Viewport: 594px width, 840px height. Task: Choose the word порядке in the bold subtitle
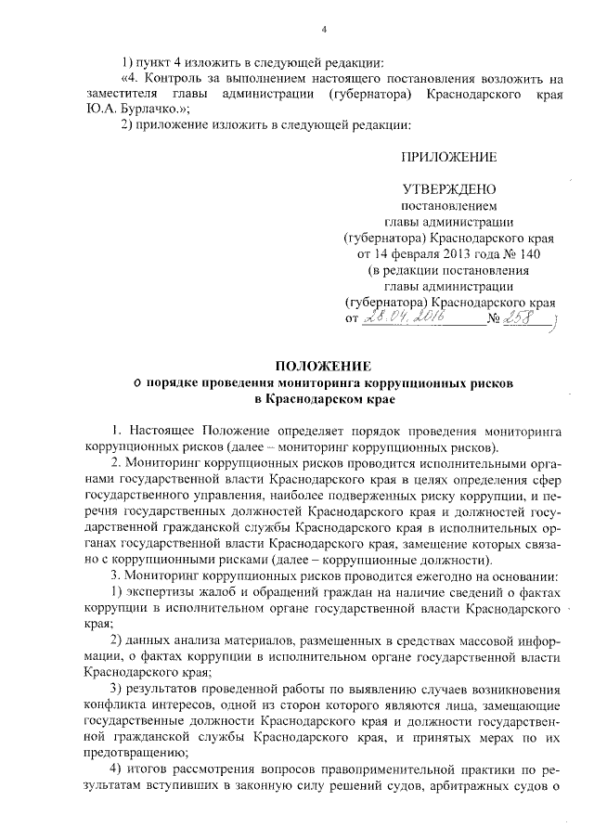coord(177,382)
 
